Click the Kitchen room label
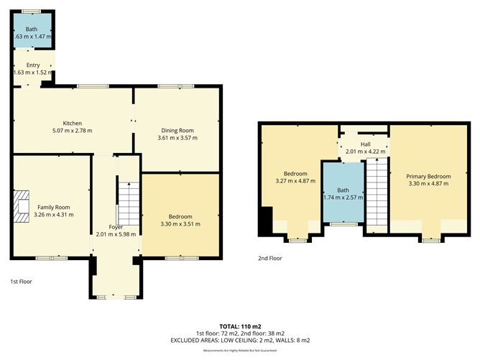tap(73, 123)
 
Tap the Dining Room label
tap(176, 130)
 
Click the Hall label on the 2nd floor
tap(365, 144)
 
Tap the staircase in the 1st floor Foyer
tap(127, 203)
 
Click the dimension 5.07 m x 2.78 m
tap(73, 131)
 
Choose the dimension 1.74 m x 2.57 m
tap(341, 197)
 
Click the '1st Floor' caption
tap(21, 282)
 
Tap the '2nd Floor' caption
tap(270, 258)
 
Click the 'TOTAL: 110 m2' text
tap(239, 326)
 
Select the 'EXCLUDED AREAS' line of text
tap(239, 340)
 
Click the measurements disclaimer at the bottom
tap(239, 350)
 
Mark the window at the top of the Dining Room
tap(170, 87)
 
